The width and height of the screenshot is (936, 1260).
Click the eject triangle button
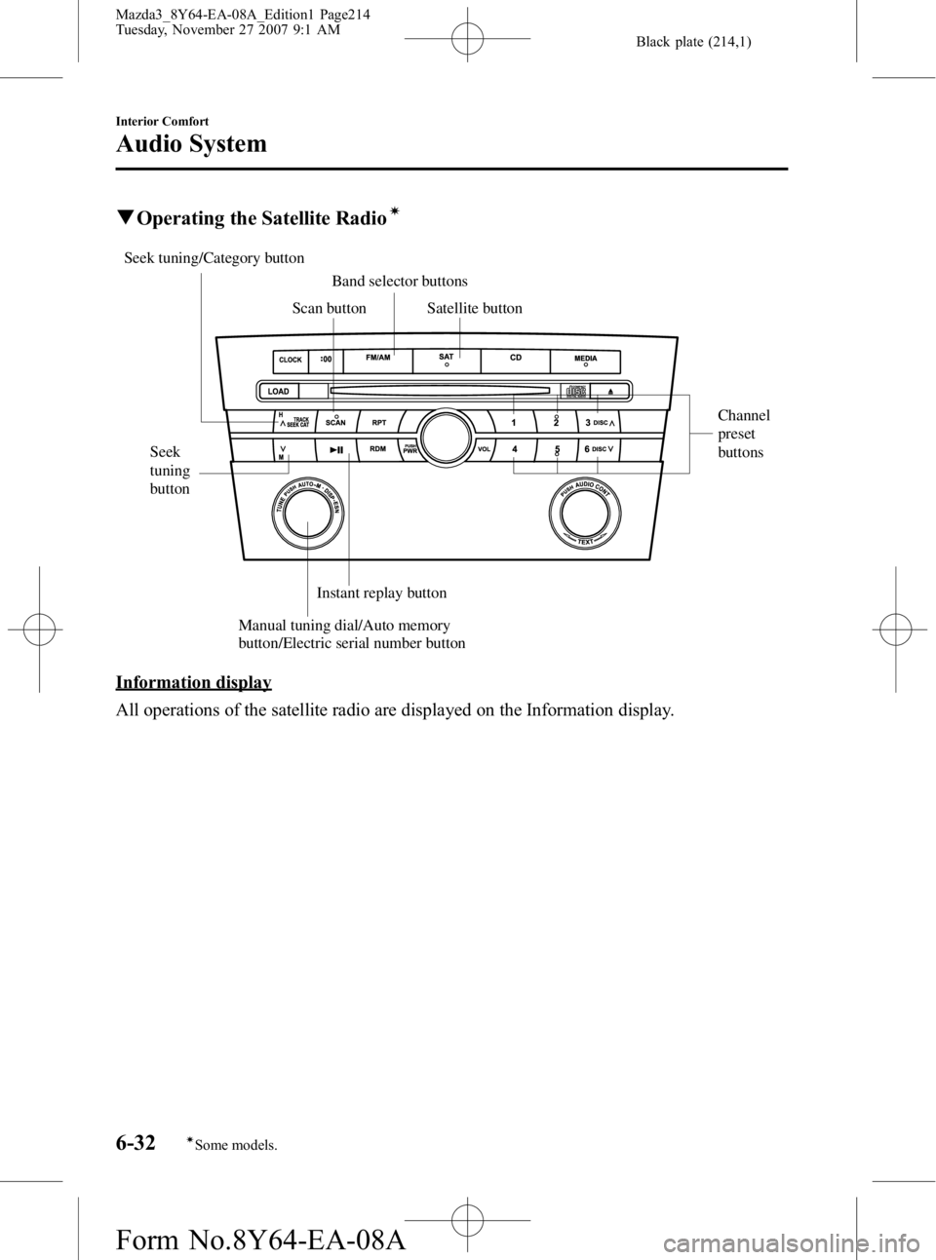pyautogui.click(x=609, y=391)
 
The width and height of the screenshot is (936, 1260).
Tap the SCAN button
pyautogui.click(x=336, y=423)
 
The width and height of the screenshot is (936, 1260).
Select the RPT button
pyautogui.click(x=379, y=423)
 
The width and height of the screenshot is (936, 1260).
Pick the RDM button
pyautogui.click(x=379, y=450)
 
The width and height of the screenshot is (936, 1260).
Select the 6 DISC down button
pyautogui.click(x=601, y=450)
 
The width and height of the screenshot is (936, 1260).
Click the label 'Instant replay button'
pyautogui.click(x=381, y=592)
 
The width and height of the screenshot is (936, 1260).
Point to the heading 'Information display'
pyautogui.click(x=193, y=680)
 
